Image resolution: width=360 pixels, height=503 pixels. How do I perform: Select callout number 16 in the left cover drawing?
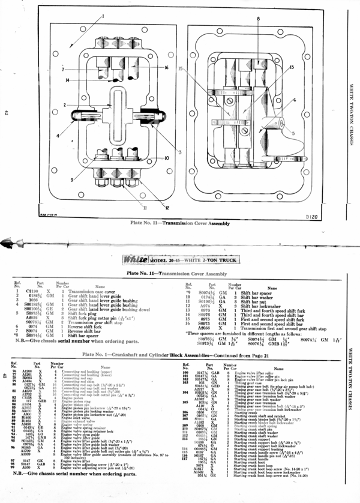pos(166,68)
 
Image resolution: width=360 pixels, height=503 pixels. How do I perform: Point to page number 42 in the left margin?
pos(5,112)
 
